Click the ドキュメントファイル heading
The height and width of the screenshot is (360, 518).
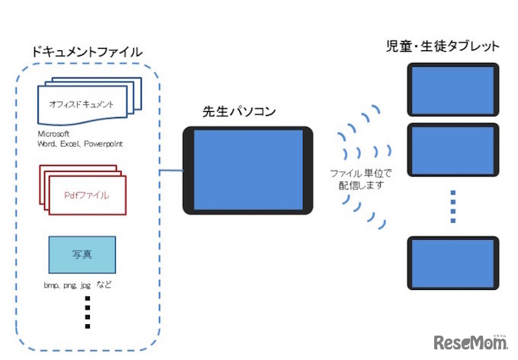point(86,53)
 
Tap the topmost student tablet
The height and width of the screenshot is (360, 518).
point(452,88)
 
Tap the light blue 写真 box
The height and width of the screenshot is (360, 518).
point(82,254)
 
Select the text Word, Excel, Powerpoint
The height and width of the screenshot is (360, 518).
point(80,144)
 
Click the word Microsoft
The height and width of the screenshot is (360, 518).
point(54,135)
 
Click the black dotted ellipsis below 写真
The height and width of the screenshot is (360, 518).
point(88,311)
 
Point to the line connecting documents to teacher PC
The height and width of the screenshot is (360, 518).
point(172,170)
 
